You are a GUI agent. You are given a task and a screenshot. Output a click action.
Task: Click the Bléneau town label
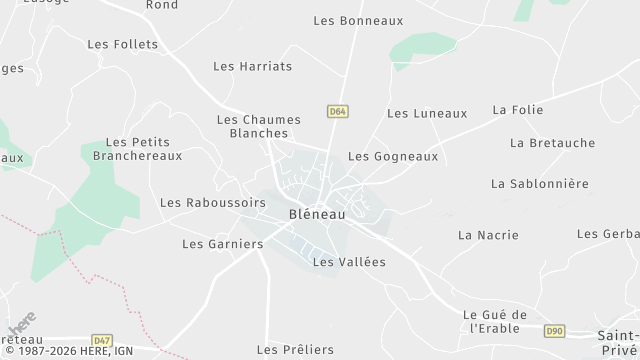(318, 214)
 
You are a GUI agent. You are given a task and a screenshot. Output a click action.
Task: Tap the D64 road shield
(338, 112)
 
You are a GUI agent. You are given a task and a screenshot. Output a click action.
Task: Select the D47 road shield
(101, 341)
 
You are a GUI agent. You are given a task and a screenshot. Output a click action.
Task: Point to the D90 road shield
(555, 330)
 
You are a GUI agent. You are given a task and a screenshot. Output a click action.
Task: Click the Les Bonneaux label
(358, 20)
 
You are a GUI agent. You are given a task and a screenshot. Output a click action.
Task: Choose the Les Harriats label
(252, 66)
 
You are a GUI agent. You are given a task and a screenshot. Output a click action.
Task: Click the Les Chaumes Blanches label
(259, 125)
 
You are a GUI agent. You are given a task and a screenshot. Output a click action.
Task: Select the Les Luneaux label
(427, 113)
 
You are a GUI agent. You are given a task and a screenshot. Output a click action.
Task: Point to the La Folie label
(518, 109)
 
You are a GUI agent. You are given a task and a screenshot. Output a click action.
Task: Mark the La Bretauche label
(552, 143)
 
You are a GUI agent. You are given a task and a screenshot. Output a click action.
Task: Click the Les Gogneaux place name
(393, 156)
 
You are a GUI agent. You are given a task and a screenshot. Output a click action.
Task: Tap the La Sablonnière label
(540, 184)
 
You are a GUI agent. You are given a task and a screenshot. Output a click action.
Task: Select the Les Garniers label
(222, 243)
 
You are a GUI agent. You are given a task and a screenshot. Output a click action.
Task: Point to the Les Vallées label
(349, 262)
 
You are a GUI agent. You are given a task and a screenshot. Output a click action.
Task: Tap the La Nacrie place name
(488, 235)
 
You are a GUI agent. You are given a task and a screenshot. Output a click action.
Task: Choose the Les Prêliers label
(295, 349)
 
